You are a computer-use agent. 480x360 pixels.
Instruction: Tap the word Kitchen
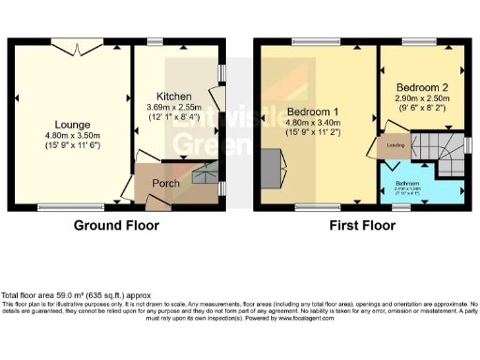[174, 97]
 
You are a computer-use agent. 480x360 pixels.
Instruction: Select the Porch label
[166, 184]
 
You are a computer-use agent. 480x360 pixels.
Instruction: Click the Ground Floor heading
[116, 226]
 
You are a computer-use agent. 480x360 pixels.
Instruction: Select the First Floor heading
[361, 226]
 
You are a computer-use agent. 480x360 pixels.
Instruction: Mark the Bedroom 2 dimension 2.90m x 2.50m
[423, 97]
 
